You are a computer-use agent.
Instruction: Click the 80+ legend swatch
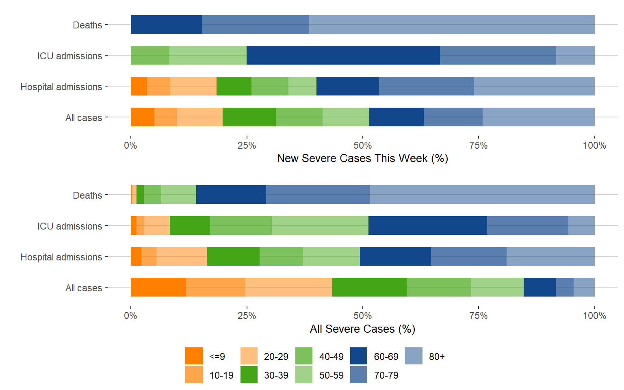click(x=414, y=356)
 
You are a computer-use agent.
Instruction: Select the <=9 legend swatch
click(x=194, y=356)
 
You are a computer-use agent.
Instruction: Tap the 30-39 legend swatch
click(x=249, y=375)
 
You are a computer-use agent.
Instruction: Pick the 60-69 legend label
click(x=386, y=357)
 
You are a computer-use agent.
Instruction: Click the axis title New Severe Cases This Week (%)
click(x=362, y=158)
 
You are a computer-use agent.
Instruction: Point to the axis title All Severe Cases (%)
click(x=362, y=329)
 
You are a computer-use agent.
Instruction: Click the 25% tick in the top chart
click(x=247, y=145)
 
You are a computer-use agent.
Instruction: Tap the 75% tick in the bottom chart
click(x=479, y=316)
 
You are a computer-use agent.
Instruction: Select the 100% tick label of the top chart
click(x=594, y=145)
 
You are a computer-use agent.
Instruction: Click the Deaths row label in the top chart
click(x=87, y=25)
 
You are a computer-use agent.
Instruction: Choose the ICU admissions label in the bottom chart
click(x=69, y=226)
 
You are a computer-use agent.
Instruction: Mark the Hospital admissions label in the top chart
click(x=61, y=87)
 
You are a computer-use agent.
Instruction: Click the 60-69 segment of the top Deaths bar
click(x=167, y=24)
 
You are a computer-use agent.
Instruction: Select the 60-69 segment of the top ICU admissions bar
click(x=343, y=55)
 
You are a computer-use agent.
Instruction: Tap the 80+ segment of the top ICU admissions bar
click(x=575, y=55)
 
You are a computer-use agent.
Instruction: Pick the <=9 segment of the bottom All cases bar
click(x=158, y=287)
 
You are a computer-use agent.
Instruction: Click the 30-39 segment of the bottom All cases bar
click(x=369, y=287)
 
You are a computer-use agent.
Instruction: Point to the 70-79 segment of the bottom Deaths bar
click(x=318, y=195)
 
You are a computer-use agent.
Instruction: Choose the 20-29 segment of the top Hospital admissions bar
click(x=193, y=86)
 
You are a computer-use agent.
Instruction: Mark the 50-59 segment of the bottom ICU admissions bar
click(x=320, y=225)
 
